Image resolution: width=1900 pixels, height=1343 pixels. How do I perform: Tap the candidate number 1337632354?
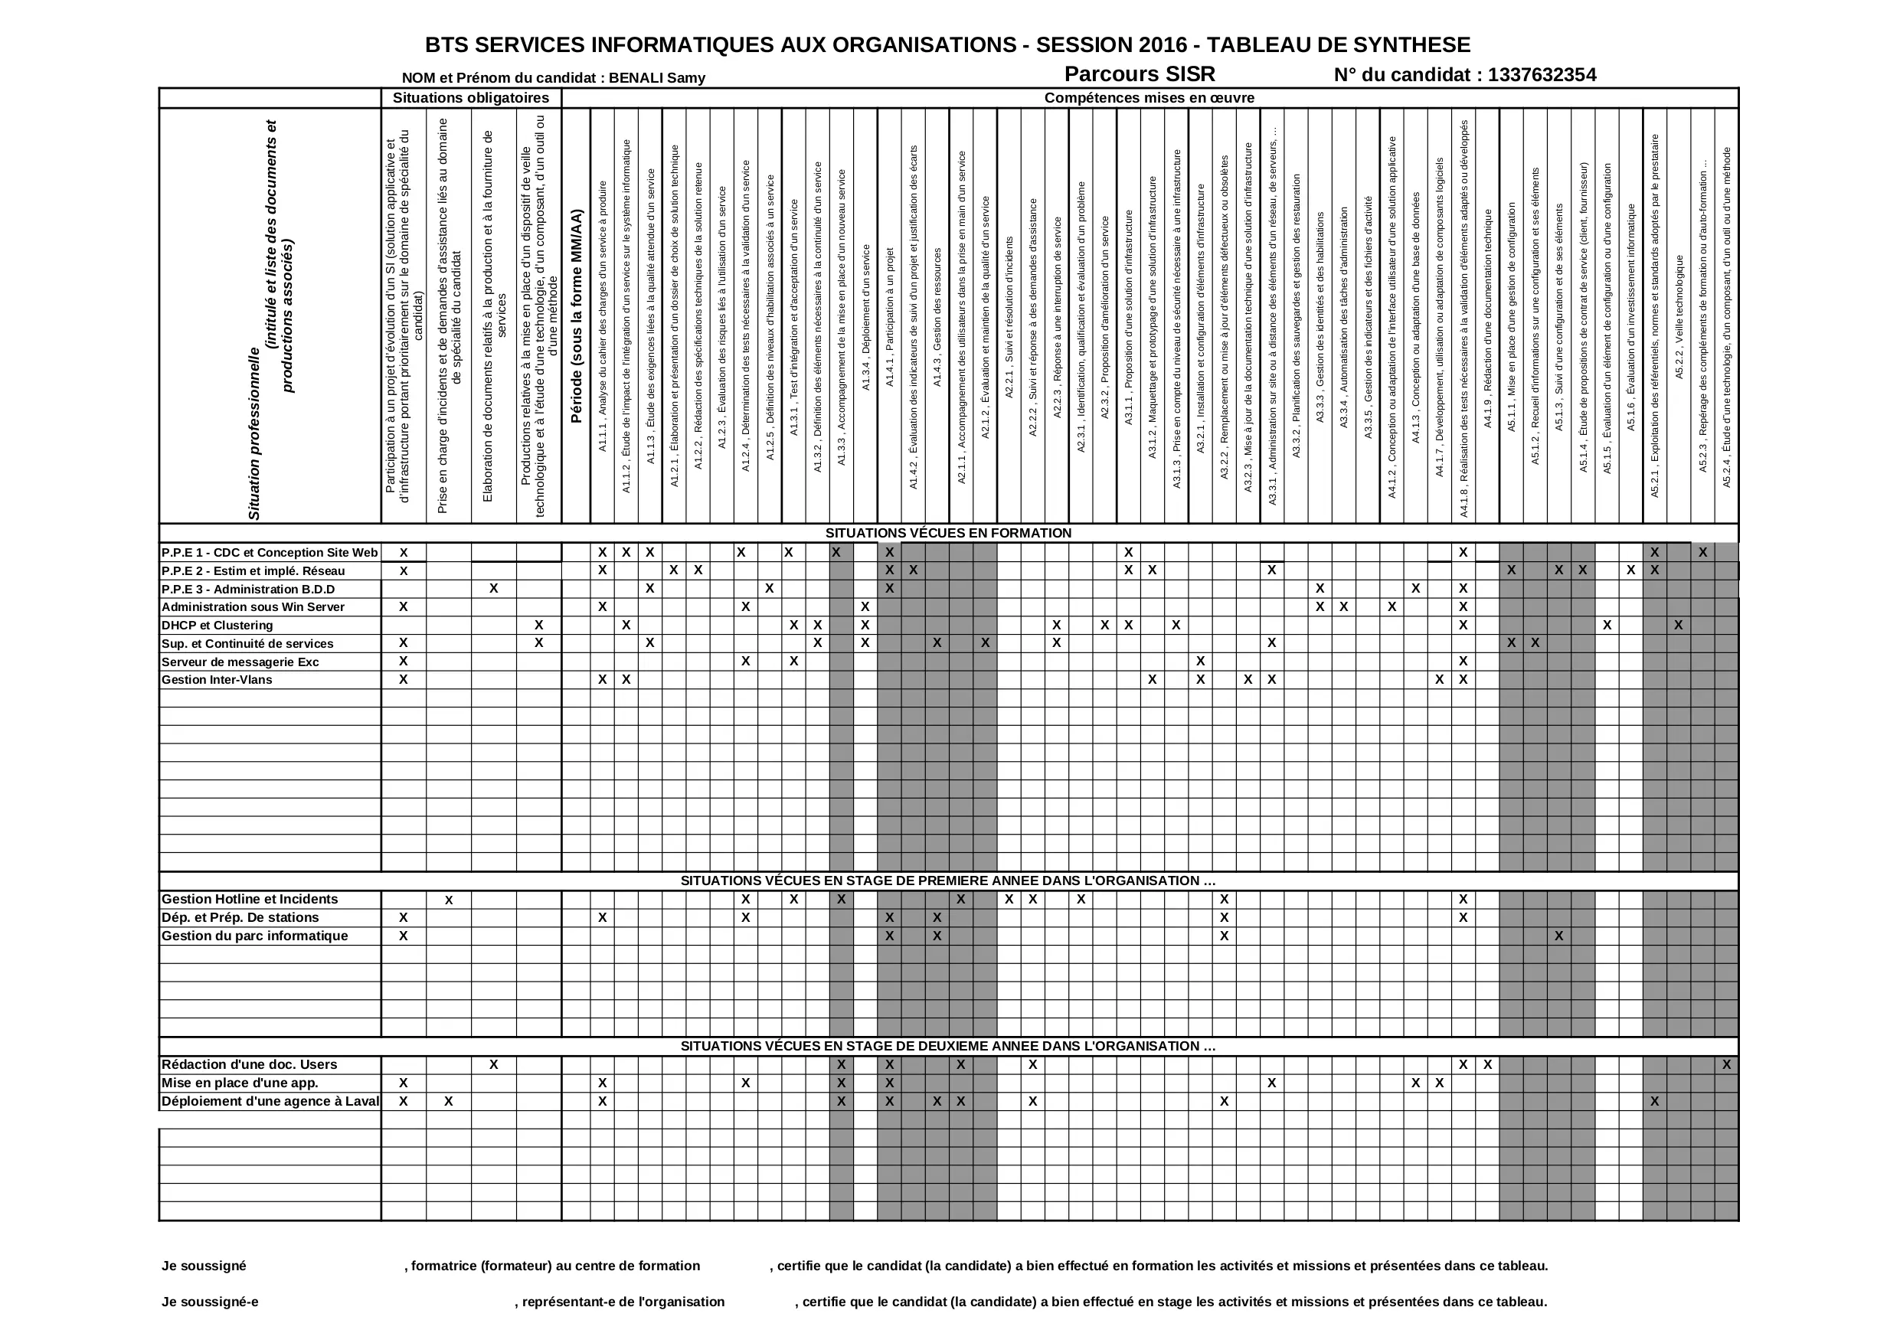[1542, 75]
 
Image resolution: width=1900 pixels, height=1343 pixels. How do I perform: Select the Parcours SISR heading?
[1139, 74]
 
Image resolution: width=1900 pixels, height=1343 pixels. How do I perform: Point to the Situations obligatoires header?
[470, 98]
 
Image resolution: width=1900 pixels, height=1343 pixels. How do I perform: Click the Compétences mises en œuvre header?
[1149, 98]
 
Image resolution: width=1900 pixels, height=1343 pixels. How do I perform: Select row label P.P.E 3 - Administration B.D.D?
[247, 589]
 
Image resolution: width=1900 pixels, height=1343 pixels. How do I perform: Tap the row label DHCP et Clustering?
[217, 626]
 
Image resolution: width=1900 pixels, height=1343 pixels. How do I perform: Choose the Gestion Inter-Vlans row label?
[216, 680]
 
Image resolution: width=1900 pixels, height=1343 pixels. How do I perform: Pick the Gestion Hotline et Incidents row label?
[249, 900]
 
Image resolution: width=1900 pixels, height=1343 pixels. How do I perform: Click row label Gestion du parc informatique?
[254, 936]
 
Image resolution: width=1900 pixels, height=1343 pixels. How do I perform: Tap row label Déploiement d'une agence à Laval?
[270, 1101]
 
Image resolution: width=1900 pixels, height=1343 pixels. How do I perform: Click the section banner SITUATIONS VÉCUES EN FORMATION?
[947, 533]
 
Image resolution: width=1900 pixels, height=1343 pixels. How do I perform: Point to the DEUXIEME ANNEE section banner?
[947, 1046]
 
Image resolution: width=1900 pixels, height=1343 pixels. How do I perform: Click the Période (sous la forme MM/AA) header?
[576, 316]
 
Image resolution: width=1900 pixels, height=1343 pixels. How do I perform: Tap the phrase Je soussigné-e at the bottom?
[209, 1302]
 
